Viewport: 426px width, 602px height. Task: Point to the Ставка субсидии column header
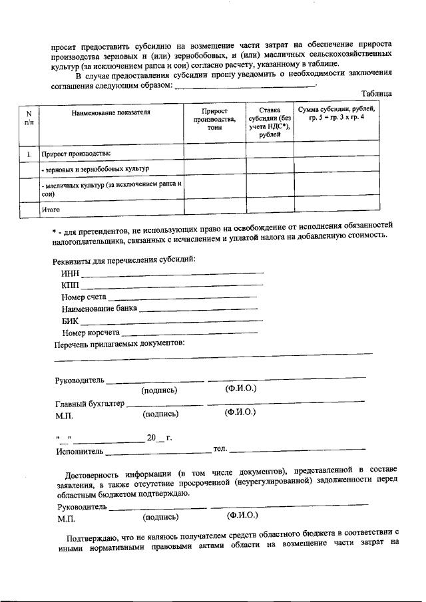(270, 120)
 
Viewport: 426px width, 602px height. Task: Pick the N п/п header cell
(29, 117)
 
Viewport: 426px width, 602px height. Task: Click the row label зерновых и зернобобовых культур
(95, 169)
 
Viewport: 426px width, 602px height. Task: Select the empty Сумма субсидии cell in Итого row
(337, 210)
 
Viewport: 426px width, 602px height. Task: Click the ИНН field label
(70, 273)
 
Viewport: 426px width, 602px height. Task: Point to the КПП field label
(70, 285)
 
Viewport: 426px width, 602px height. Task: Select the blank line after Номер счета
(183, 297)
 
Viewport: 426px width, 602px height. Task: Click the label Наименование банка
(99, 309)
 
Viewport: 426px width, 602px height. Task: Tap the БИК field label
(70, 321)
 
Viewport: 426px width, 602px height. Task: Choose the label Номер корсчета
(91, 332)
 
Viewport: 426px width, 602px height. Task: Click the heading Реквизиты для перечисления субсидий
(124, 259)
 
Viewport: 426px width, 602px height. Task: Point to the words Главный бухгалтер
(89, 404)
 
